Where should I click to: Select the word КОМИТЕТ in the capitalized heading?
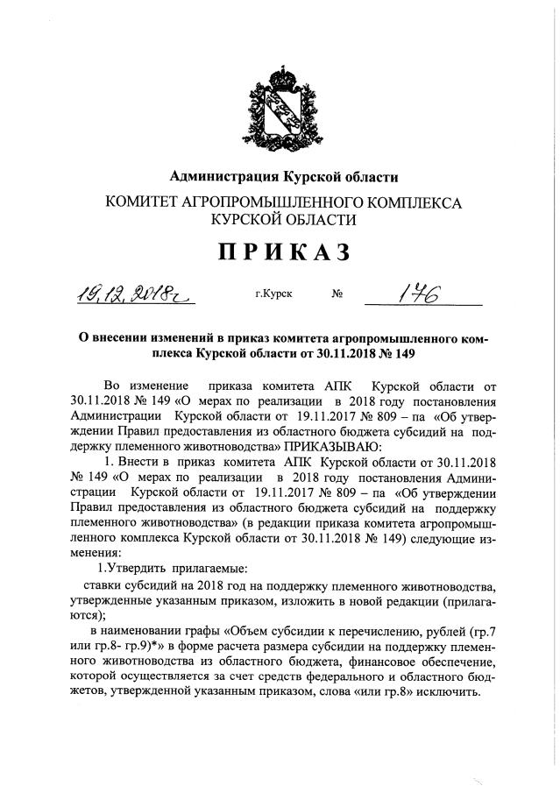tap(143, 202)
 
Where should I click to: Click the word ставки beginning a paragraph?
tap(103, 584)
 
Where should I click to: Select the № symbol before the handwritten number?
tap(337, 295)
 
